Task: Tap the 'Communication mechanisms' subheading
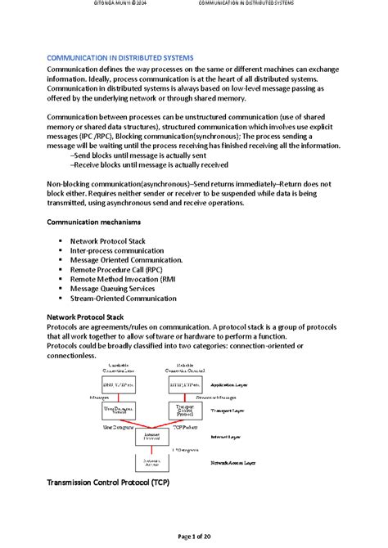click(93, 222)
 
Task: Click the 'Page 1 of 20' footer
click(194, 536)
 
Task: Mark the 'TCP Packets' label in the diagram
click(185, 426)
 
